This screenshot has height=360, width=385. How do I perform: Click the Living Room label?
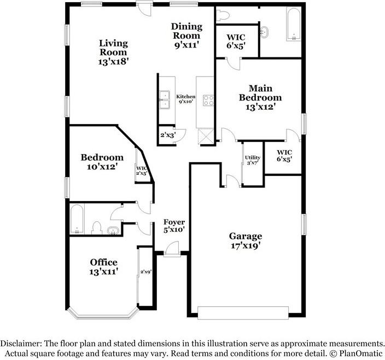click(113, 52)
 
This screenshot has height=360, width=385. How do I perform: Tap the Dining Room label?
click(186, 36)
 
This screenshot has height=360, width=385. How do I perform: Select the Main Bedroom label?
click(260, 97)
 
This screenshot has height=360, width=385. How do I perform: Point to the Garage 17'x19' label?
click(245, 241)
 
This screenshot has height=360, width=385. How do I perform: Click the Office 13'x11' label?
click(103, 267)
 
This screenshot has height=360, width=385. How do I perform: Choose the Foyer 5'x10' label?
click(174, 226)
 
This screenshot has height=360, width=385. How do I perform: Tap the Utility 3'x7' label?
click(253, 160)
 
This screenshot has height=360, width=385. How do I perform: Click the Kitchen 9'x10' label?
click(185, 99)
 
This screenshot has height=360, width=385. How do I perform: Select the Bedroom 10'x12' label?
click(102, 162)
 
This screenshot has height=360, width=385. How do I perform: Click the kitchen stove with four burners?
click(208, 99)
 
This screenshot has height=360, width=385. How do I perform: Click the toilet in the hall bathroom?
click(97, 226)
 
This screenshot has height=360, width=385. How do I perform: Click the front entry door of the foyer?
click(172, 249)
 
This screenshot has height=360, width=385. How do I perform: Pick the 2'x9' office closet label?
click(145, 272)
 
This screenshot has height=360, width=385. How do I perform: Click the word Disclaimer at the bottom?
click(21, 343)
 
